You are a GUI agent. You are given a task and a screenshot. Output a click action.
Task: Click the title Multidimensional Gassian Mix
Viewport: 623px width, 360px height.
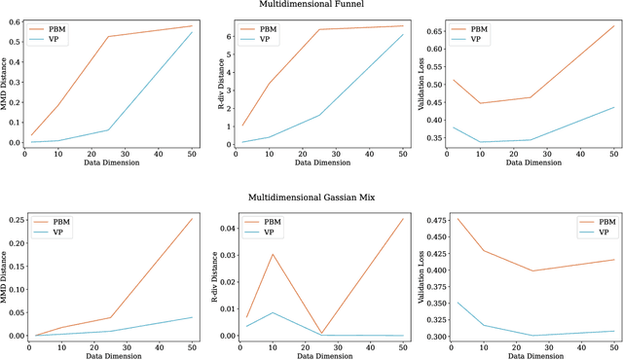[311, 198]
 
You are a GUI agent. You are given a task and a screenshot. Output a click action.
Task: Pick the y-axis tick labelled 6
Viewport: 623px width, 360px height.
[227, 37]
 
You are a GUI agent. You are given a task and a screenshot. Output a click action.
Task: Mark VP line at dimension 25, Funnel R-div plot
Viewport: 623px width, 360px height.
[317, 115]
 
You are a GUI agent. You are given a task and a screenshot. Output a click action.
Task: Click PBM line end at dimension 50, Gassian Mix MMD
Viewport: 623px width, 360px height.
[193, 218]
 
